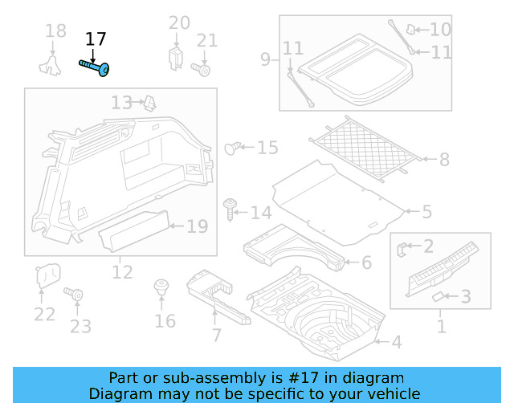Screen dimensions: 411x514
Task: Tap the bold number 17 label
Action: [x=96, y=39]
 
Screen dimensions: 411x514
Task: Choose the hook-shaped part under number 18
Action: [x=52, y=63]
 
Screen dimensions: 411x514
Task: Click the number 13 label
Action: [x=121, y=103]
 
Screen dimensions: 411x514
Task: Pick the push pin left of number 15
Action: [x=233, y=147]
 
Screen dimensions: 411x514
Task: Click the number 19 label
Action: [x=197, y=226]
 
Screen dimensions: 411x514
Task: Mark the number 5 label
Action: [x=426, y=212]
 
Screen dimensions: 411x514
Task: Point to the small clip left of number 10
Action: [x=410, y=30]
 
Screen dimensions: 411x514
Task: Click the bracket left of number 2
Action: [x=404, y=248]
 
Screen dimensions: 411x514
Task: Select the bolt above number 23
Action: [x=78, y=295]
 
